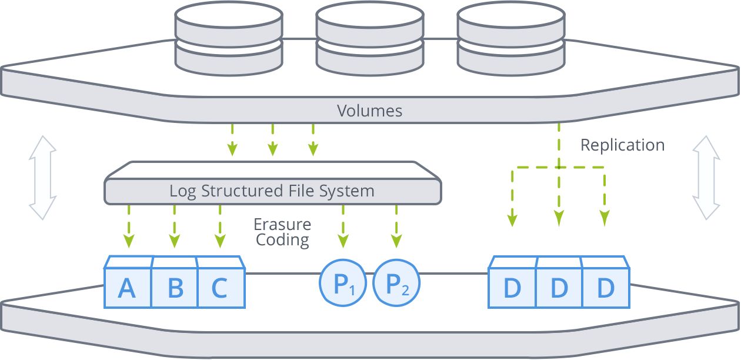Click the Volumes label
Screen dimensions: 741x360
369,111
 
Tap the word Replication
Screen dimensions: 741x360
623,145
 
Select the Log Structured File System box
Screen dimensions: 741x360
273,183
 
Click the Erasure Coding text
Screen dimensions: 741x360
282,232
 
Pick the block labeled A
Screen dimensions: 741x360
128,282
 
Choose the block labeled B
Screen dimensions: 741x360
174,282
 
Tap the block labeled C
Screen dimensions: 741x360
221,282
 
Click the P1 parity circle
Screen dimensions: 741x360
343,283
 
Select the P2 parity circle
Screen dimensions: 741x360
396,283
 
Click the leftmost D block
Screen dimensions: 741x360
512,282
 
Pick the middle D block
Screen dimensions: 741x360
559,282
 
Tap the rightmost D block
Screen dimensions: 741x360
606,282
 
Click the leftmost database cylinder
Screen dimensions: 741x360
229,39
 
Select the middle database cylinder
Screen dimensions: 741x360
370,39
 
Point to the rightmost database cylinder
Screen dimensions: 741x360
511,39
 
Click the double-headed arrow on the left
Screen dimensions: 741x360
43,178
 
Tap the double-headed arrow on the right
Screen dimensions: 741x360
706,178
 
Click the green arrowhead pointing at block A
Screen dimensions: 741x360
129,241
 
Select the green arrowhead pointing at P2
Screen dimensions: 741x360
396,241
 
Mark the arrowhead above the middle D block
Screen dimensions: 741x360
559,219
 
